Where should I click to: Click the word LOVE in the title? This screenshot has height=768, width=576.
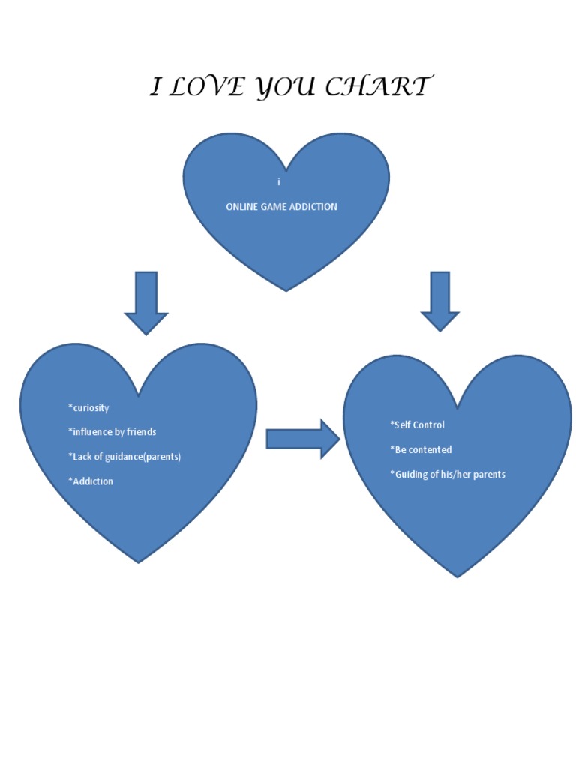point(205,87)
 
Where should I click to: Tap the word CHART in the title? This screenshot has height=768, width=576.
point(379,87)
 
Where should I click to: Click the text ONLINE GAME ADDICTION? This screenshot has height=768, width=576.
point(281,206)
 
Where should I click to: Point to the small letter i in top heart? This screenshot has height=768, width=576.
point(278,182)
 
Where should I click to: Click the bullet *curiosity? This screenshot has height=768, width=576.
point(88,408)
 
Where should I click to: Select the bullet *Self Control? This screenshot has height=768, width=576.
point(417,424)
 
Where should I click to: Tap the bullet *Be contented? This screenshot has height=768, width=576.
point(421,449)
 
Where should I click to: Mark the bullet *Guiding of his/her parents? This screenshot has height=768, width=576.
point(448,474)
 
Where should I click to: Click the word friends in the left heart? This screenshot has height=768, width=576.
point(140,432)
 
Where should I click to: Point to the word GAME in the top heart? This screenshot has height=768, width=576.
point(274,206)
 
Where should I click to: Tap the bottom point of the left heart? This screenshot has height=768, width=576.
point(139,561)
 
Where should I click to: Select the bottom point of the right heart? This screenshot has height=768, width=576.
point(457,576)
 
